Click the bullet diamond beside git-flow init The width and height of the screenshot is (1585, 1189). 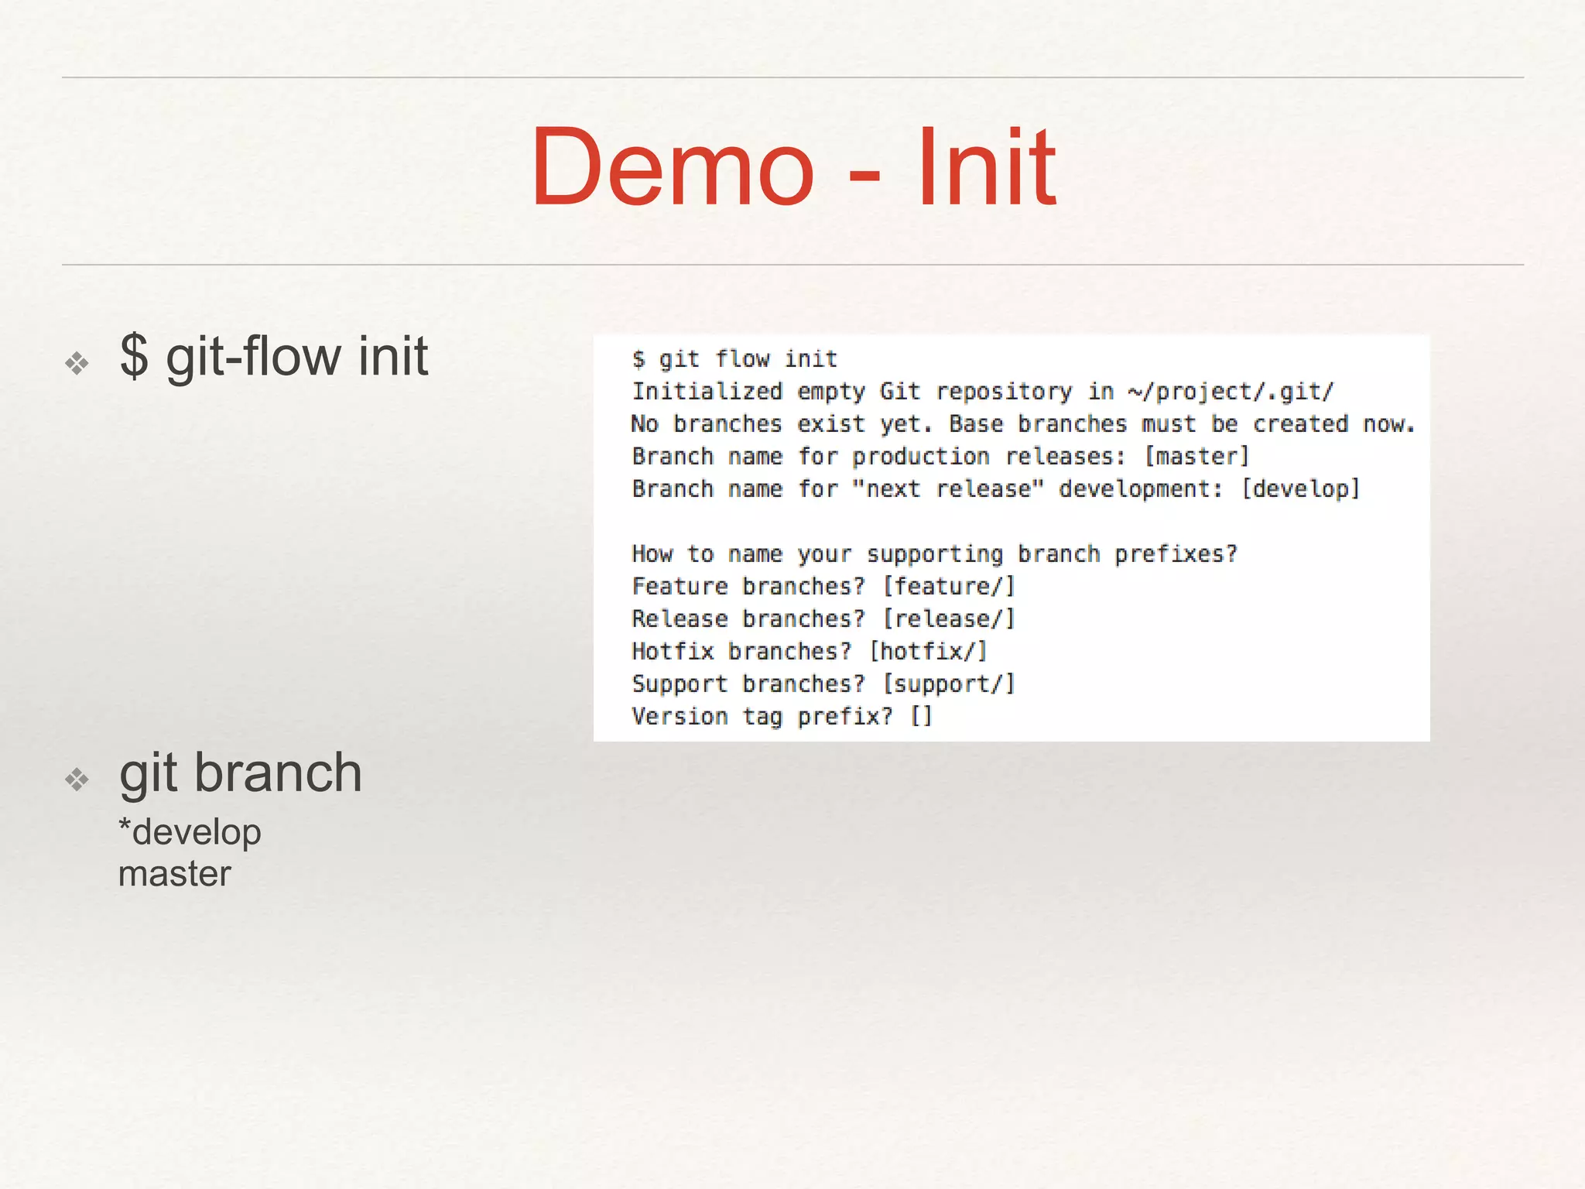(77, 362)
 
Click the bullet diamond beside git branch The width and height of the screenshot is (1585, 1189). (77, 779)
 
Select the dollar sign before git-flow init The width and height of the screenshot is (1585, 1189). (134, 356)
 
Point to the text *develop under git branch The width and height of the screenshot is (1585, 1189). (190, 833)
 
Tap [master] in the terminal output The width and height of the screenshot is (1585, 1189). (1196, 457)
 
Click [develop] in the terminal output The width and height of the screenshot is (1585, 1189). (1300, 489)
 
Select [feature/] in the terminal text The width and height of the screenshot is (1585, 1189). (949, 587)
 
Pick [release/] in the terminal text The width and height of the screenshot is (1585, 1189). (949, 619)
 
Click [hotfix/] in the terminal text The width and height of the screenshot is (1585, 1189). (929, 652)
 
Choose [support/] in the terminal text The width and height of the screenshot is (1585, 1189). (949, 684)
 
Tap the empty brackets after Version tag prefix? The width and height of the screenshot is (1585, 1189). (921, 717)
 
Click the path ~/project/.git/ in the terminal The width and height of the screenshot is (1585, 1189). (1231, 392)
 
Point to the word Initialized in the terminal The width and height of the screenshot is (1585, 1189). (707, 392)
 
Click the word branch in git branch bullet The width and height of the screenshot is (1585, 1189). (278, 773)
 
